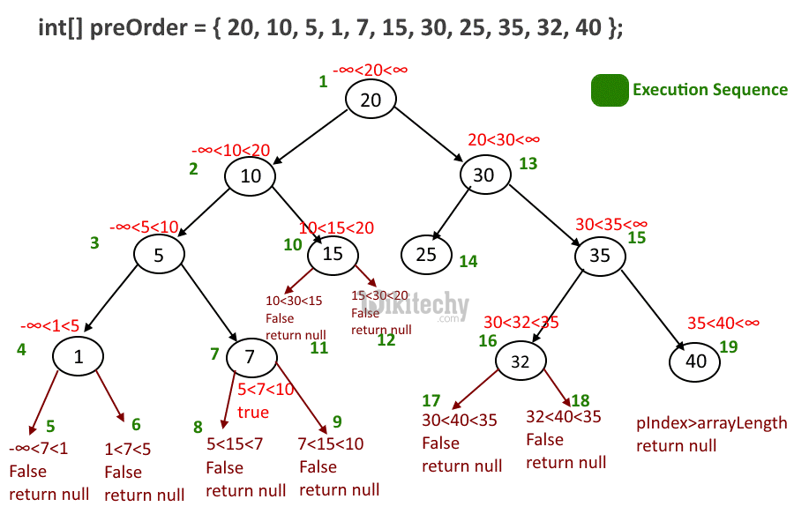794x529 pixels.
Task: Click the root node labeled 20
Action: pyautogui.click(x=371, y=100)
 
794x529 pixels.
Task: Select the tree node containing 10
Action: pyautogui.click(x=251, y=175)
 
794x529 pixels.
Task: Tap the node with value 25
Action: pyautogui.click(x=426, y=255)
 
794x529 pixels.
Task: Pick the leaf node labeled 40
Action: pyautogui.click(x=695, y=361)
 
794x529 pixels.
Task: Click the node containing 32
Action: pyautogui.click(x=521, y=361)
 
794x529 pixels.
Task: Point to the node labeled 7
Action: pyautogui.click(x=251, y=357)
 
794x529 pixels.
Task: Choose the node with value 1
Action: pyautogui.click(x=78, y=356)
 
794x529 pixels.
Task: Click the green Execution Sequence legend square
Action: pyautogui.click(x=610, y=90)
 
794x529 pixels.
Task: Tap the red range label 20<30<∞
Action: pyautogui.click(x=504, y=139)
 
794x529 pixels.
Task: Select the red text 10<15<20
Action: pyautogui.click(x=336, y=227)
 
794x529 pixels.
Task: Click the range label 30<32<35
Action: pyautogui.click(x=521, y=323)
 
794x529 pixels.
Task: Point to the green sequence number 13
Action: pyautogui.click(x=528, y=163)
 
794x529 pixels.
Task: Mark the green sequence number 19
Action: pyautogui.click(x=729, y=346)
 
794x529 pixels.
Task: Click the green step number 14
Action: pyautogui.click(x=468, y=261)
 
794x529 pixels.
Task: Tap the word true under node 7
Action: pyautogui.click(x=253, y=412)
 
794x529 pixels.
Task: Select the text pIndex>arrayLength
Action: pyautogui.click(x=711, y=423)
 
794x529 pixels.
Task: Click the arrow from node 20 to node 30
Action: pyautogui.click(x=429, y=134)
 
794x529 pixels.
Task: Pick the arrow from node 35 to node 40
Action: pyautogui.click(x=653, y=310)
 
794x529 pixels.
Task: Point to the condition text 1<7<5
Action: pyautogui.click(x=128, y=449)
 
